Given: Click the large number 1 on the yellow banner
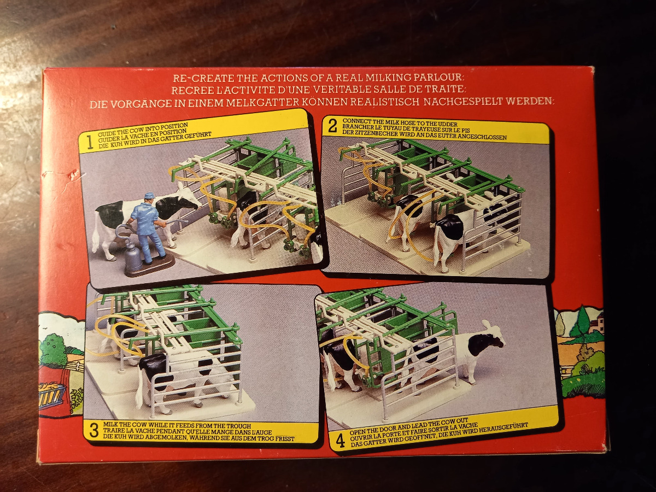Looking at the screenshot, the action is (x=89, y=143).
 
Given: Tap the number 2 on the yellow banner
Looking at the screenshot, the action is (x=332, y=126).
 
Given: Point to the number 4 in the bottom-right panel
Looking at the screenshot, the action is (x=340, y=442).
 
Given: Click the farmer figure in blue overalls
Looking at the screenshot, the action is (x=148, y=227).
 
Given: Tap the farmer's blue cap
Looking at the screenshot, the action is (x=149, y=195).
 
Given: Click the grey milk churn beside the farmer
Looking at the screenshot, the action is (x=133, y=260).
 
